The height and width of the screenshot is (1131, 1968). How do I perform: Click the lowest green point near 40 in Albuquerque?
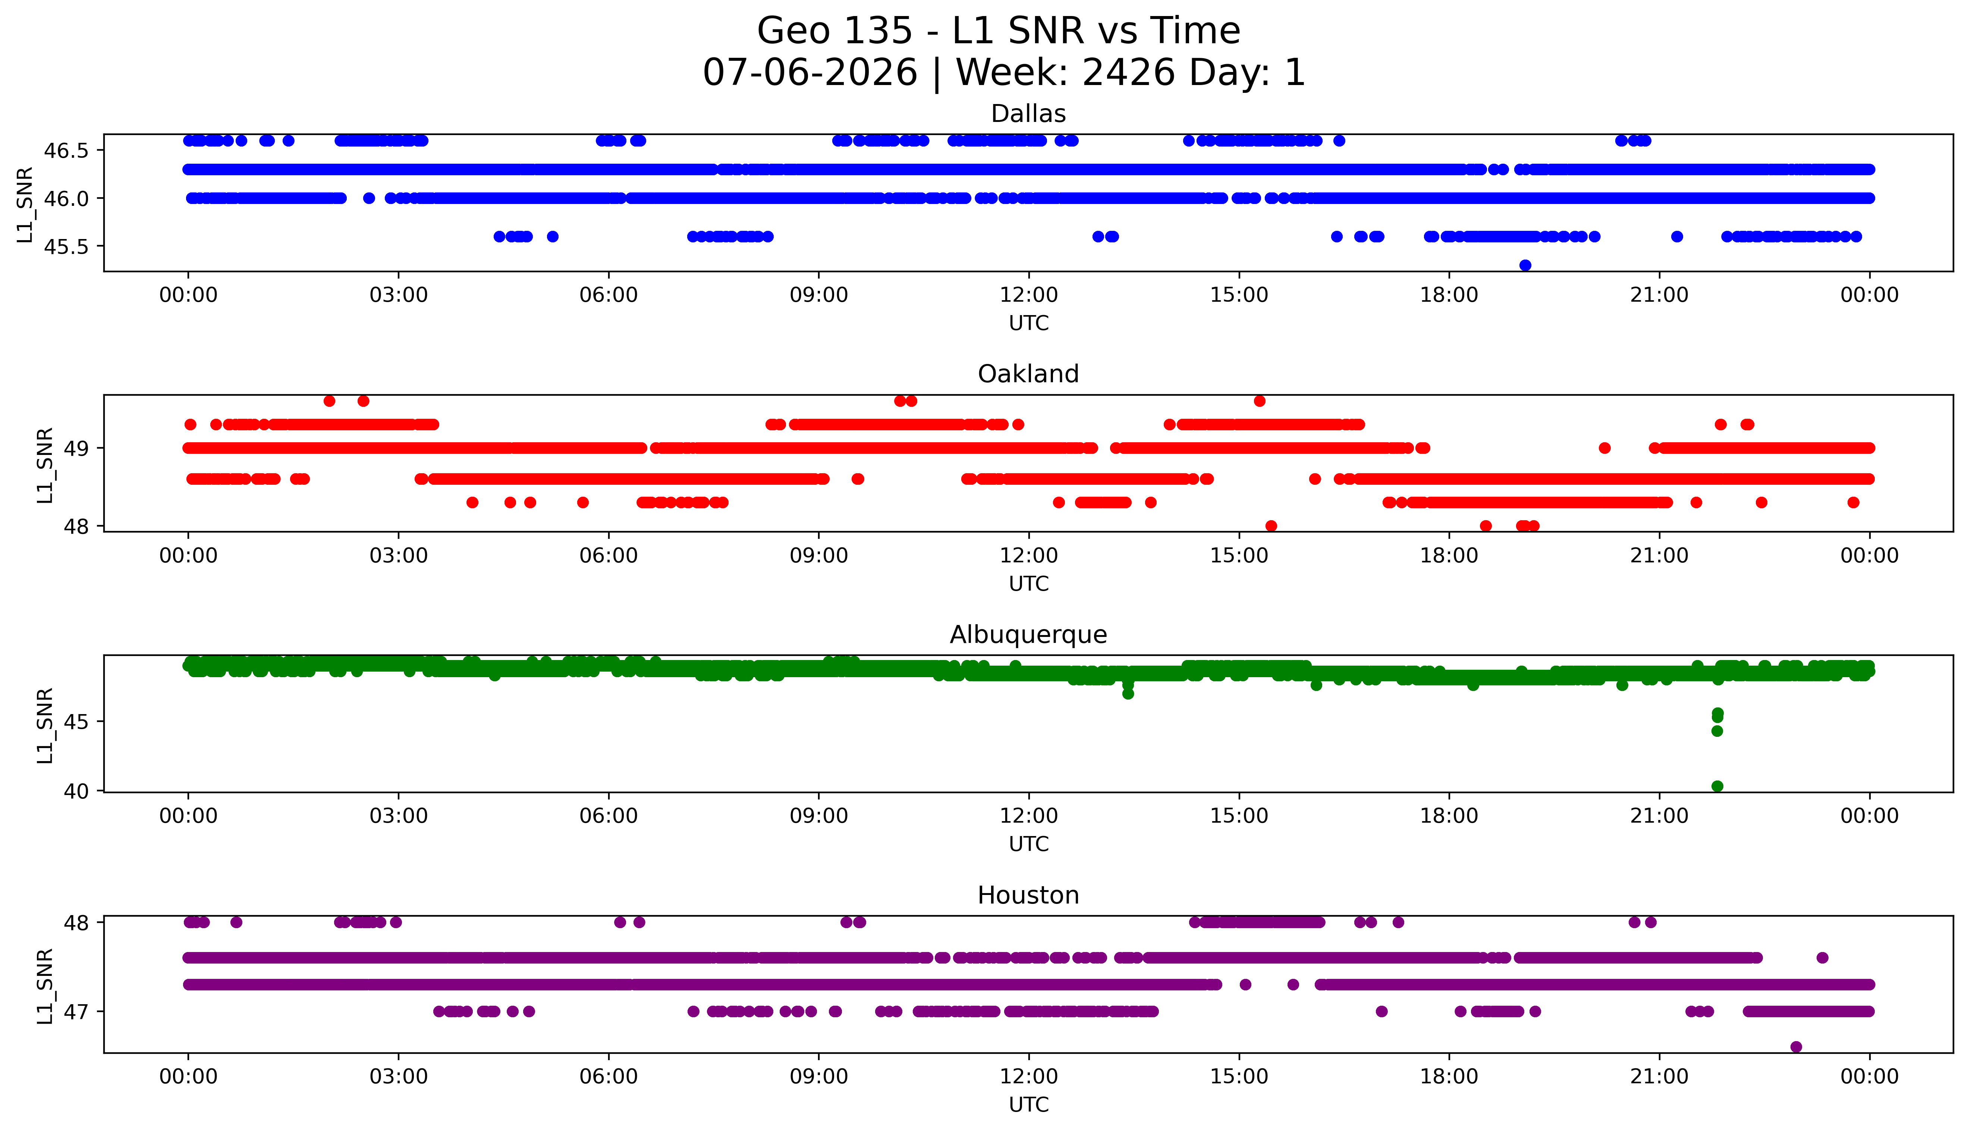pyautogui.click(x=1717, y=786)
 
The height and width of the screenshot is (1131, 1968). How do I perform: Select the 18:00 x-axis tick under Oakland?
pyautogui.click(x=1449, y=555)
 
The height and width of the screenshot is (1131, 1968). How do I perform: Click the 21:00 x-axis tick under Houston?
pyautogui.click(x=1660, y=1077)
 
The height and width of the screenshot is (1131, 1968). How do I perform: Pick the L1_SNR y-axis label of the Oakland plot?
pyautogui.click(x=45, y=465)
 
